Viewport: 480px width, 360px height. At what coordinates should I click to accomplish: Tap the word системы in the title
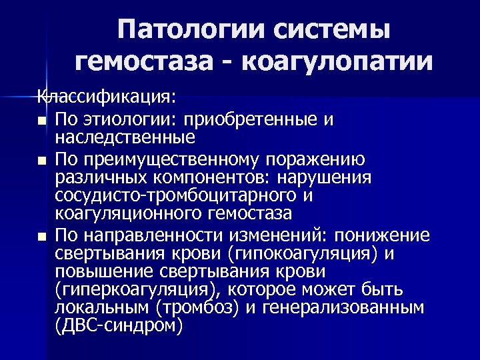point(330,31)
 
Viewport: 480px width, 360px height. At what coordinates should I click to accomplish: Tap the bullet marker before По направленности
point(43,237)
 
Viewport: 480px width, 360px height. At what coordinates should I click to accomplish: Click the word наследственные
point(125,138)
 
